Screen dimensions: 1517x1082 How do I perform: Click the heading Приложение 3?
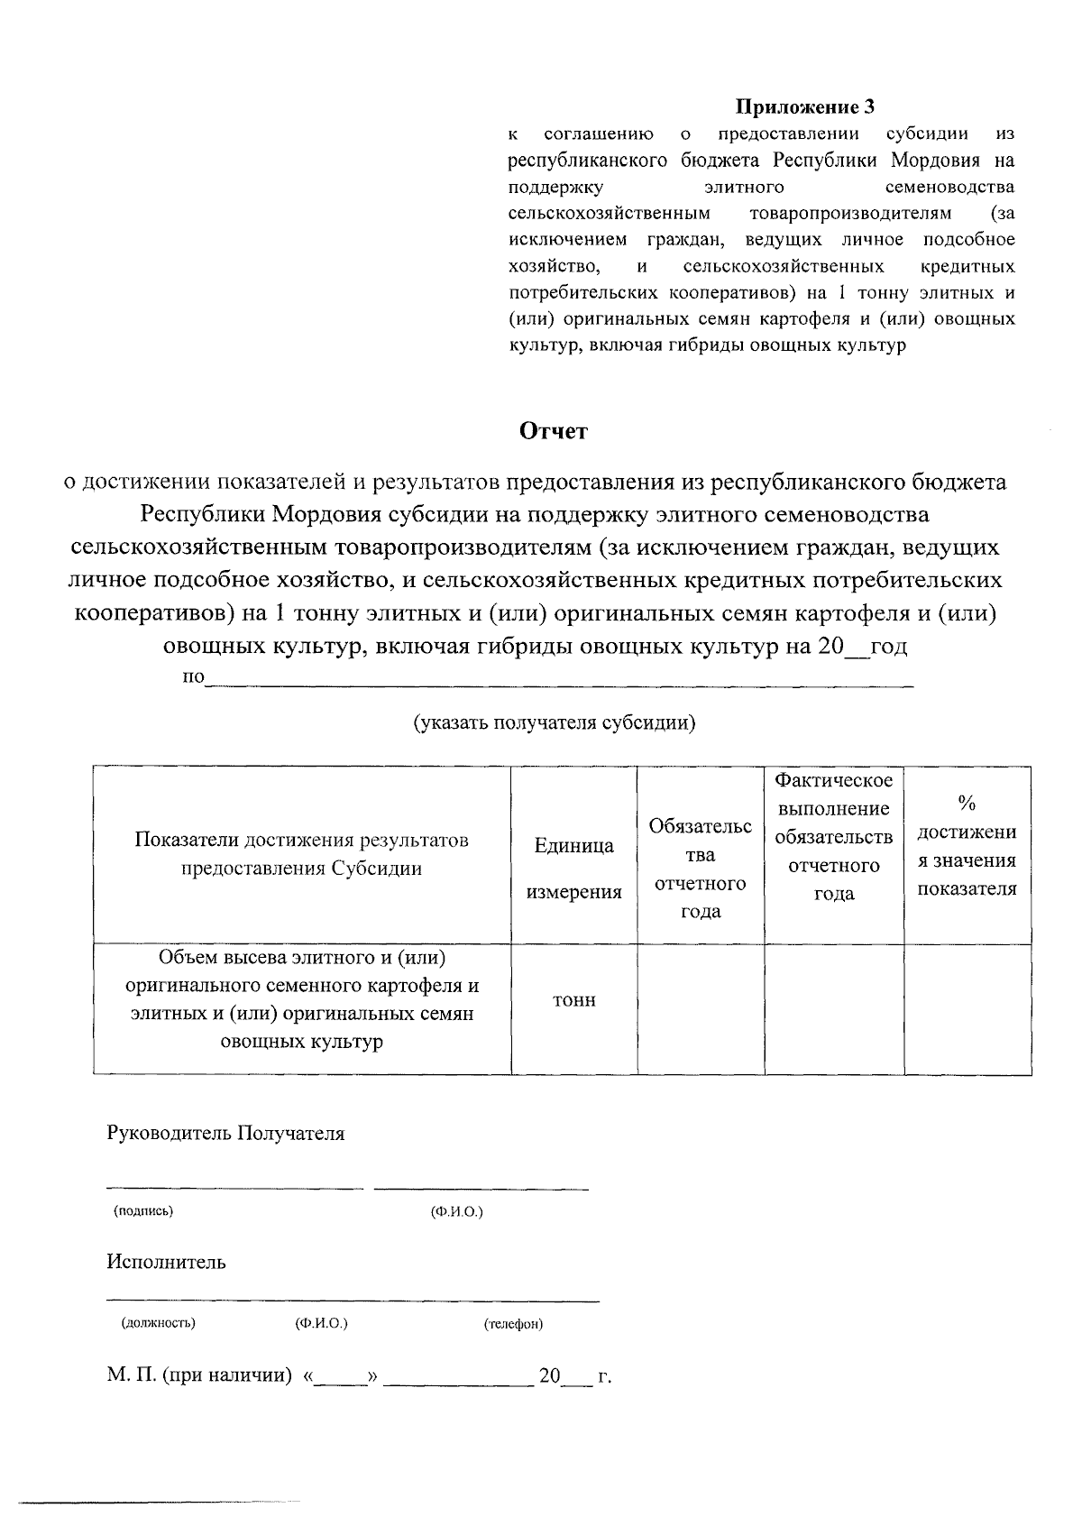805,107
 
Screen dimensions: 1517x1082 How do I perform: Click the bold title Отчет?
554,431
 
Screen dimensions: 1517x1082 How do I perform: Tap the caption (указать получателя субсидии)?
555,722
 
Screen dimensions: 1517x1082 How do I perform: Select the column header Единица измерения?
573,869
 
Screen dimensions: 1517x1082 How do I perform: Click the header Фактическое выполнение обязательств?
834,835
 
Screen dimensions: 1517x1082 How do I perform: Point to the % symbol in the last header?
967,803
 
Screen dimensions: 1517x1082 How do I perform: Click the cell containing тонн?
573,1000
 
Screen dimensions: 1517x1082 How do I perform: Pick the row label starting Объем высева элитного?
302,998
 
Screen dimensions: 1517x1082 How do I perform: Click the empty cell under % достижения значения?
967,1008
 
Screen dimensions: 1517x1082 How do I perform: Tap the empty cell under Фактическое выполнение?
834,1008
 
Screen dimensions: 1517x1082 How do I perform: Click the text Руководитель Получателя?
225,1134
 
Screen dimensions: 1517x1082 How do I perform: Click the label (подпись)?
143,1211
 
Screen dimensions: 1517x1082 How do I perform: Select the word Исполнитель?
166,1262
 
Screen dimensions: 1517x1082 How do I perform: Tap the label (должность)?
158,1324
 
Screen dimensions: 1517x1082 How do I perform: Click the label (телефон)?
513,1324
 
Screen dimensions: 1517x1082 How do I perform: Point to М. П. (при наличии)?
199,1376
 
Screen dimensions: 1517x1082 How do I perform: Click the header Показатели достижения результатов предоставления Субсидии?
302,854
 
